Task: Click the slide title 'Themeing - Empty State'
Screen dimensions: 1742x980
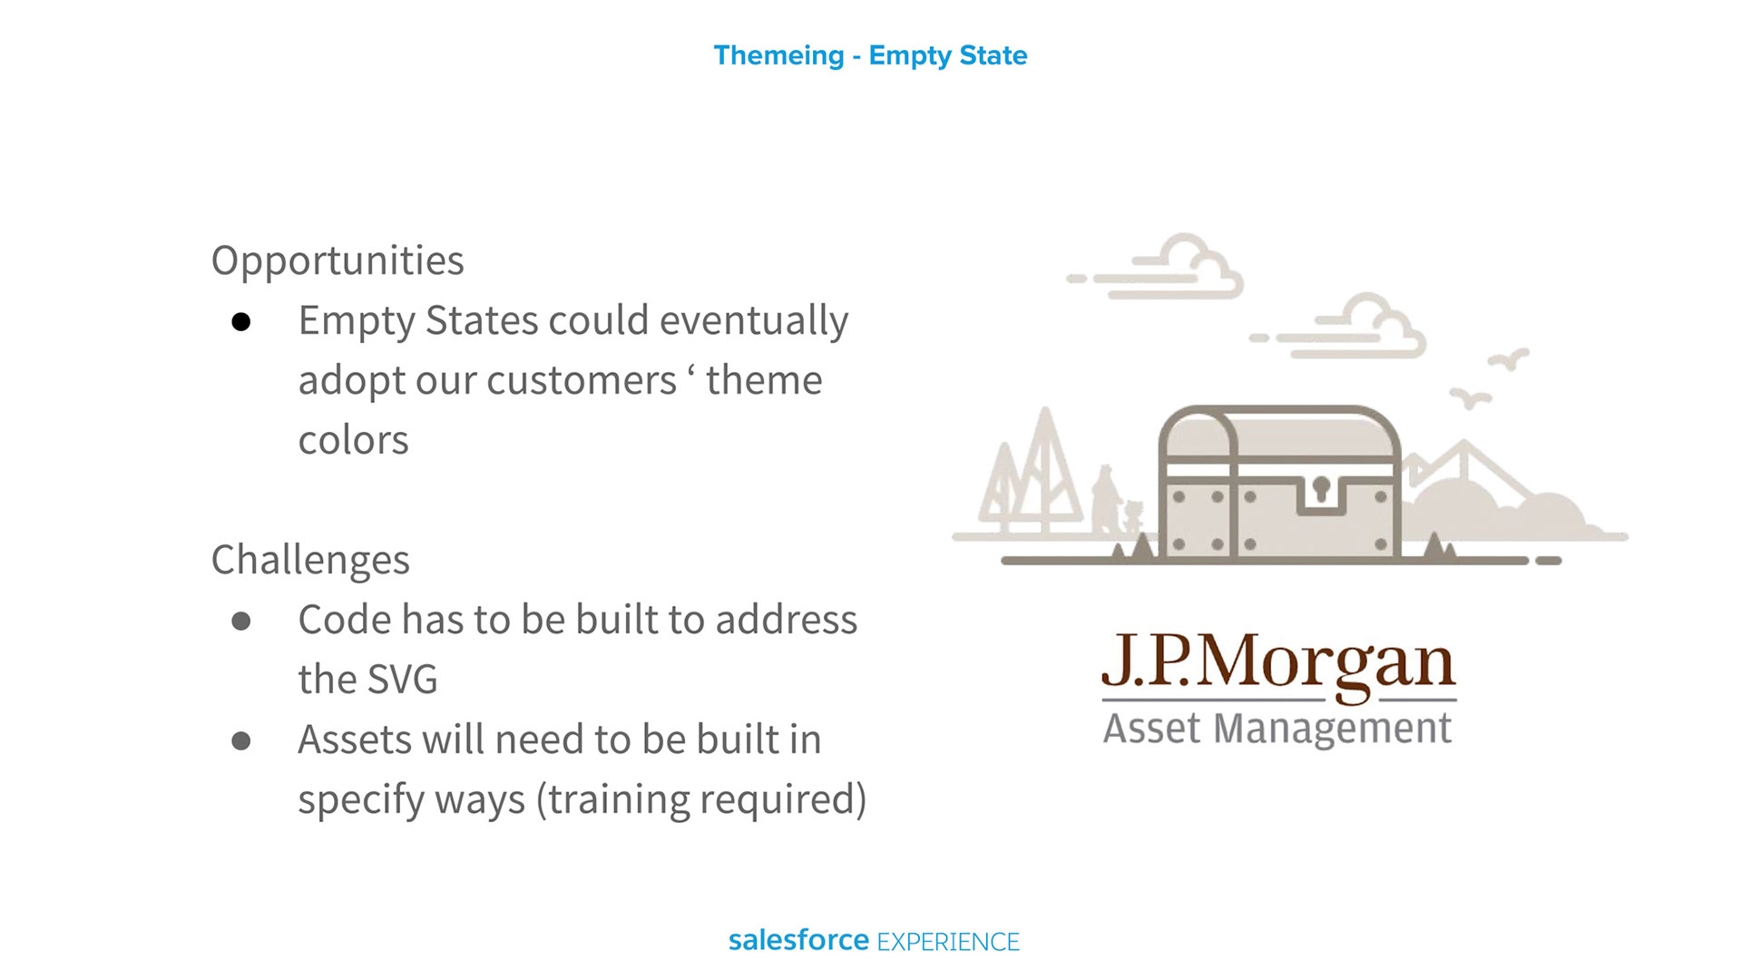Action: pyautogui.click(x=870, y=56)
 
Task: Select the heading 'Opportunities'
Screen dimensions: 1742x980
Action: pyautogui.click(x=338, y=261)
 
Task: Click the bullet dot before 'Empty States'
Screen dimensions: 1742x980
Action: pyautogui.click(x=240, y=322)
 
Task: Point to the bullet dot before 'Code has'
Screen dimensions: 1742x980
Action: pyautogui.click(x=240, y=622)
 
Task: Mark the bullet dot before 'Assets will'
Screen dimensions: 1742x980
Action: pyautogui.click(x=240, y=741)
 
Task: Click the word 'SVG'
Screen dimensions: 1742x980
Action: pyautogui.click(x=403, y=680)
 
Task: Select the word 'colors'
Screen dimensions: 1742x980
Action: pyautogui.click(x=353, y=440)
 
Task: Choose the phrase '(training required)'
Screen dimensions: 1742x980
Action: pyautogui.click(x=701, y=800)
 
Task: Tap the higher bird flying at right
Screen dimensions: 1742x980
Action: pyautogui.click(x=1509, y=359)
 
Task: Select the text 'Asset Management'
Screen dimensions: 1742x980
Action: pyautogui.click(x=1277, y=729)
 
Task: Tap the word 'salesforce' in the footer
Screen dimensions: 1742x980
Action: pyautogui.click(x=798, y=940)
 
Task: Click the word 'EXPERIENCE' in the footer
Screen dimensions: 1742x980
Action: pyautogui.click(x=948, y=943)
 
